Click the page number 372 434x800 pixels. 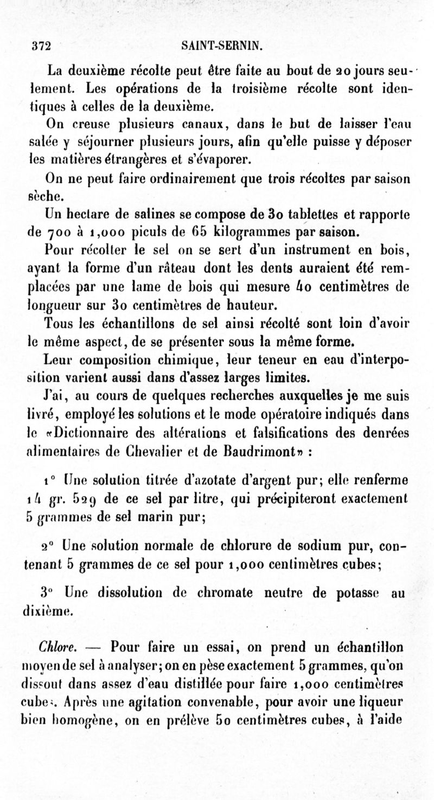(41, 47)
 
